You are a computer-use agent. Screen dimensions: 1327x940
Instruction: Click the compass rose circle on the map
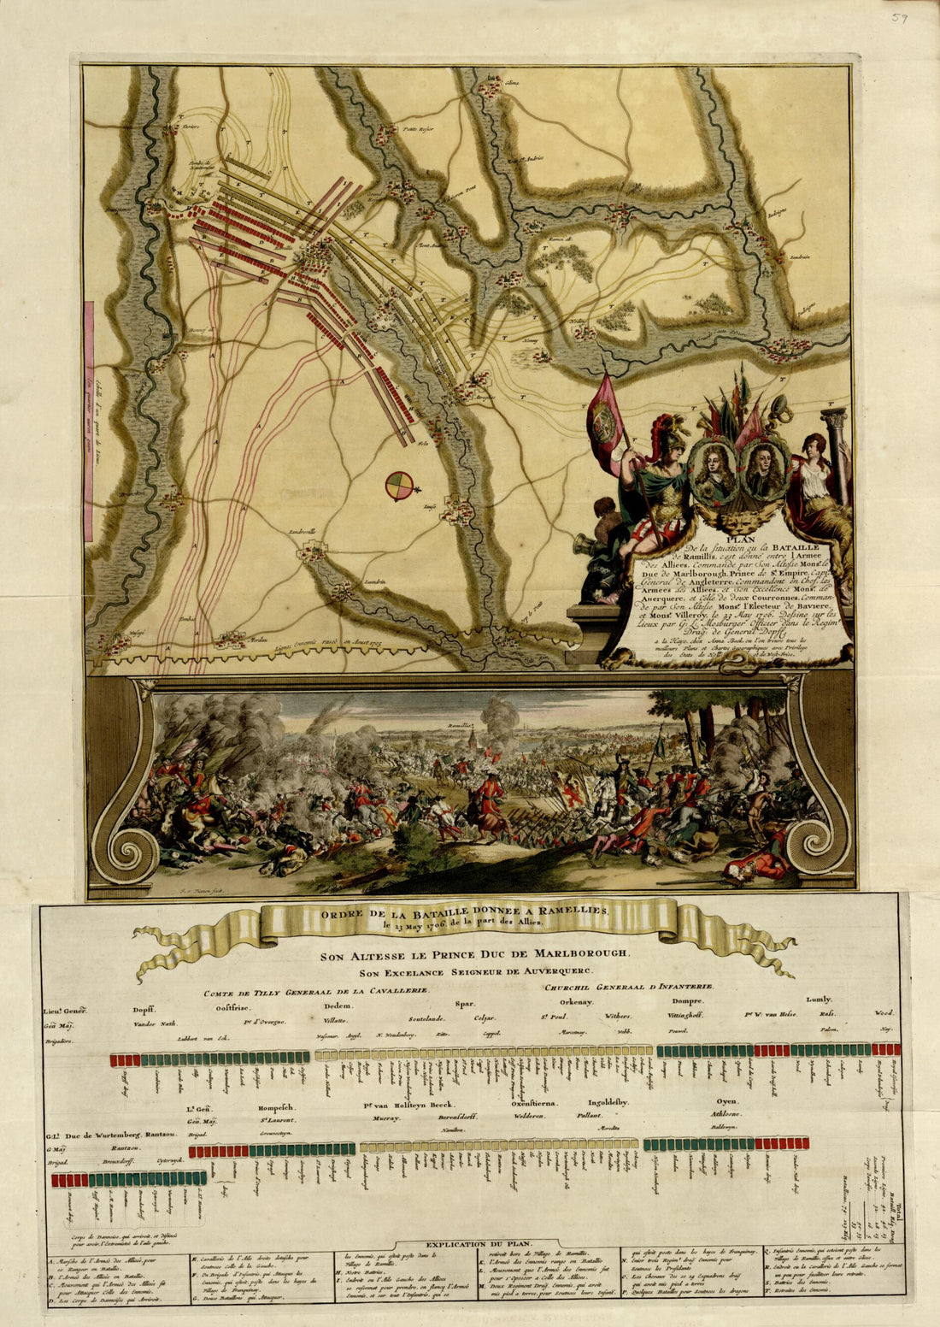(397, 485)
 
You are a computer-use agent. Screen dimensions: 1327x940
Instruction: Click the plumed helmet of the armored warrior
(670, 428)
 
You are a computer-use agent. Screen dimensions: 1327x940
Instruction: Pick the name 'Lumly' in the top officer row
(818, 999)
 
